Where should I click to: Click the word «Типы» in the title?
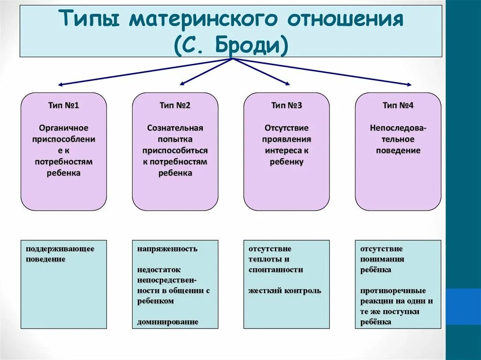89,21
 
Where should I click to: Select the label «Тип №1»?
63,105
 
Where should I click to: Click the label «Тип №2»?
175,105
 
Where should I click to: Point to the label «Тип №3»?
286,105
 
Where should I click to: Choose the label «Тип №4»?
398,105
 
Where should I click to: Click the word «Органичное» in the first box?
63,128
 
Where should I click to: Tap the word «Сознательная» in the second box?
175,128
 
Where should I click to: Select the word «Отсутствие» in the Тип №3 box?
286,128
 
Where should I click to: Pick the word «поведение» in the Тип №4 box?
398,151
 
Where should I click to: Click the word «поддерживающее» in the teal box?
60,248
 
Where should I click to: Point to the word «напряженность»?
167,249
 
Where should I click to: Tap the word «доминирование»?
168,322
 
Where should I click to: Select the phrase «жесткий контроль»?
285,291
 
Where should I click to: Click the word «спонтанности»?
276,269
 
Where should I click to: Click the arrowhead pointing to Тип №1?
60,84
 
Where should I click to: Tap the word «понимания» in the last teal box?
382,259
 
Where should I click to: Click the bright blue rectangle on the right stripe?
463,306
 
